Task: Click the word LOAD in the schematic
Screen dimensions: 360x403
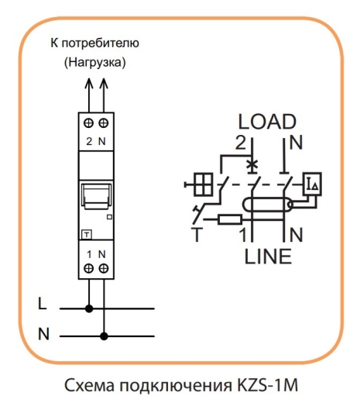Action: click(267, 122)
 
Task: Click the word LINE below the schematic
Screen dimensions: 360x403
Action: click(268, 257)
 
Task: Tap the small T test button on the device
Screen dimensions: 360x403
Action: click(87, 235)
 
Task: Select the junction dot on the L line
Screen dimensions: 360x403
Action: click(89, 308)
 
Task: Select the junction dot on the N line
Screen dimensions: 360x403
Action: click(104, 336)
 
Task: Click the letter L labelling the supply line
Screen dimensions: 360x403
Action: click(43, 303)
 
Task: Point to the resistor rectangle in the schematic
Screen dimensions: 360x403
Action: click(230, 219)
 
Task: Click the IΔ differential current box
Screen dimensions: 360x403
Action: click(312, 184)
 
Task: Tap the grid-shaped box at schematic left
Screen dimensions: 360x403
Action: click(204, 184)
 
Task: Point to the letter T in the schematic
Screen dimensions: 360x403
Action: click(197, 235)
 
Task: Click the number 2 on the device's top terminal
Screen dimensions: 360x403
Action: click(89, 141)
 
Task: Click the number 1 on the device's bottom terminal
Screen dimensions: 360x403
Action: click(89, 254)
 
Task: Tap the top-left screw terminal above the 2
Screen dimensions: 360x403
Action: click(89, 123)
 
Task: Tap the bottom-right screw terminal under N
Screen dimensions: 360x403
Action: click(104, 268)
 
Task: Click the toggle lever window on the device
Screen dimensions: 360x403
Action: click(96, 196)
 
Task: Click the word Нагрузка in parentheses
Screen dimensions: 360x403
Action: click(95, 62)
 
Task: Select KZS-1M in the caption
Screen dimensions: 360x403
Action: click(267, 385)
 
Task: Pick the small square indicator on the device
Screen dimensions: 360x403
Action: click(109, 217)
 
